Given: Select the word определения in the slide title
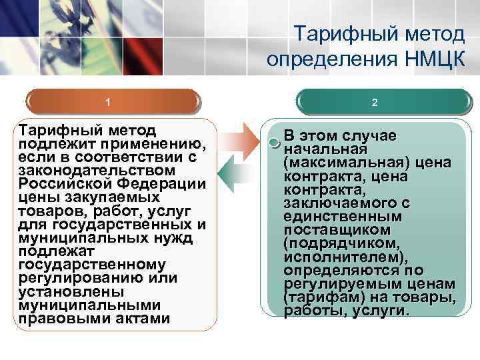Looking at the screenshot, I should click(x=329, y=59).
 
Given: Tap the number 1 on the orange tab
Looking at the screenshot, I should click(x=108, y=103).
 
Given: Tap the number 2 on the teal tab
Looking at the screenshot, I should click(x=375, y=103).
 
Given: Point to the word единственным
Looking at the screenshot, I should click(x=343, y=217).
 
